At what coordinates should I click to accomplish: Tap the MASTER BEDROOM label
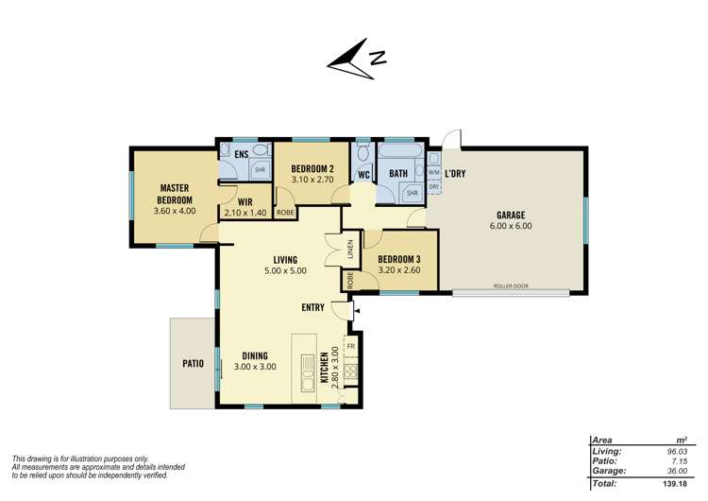tap(175, 194)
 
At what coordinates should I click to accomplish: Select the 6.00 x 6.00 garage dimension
tap(511, 226)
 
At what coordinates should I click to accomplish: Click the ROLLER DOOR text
tap(511, 286)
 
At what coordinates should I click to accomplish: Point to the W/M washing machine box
tap(434, 173)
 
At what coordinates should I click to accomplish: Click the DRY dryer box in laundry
tap(434, 186)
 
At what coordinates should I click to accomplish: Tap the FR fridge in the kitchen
tap(351, 346)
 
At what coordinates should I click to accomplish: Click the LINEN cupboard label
tap(350, 249)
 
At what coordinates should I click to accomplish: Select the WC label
tap(364, 175)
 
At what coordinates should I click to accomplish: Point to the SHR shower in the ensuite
tap(261, 170)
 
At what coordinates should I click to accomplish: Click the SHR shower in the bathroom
tap(412, 193)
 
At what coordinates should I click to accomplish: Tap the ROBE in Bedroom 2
tap(285, 213)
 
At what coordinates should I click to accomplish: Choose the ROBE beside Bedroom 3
tap(350, 280)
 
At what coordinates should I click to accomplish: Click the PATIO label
tap(194, 363)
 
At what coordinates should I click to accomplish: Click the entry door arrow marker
tap(357, 311)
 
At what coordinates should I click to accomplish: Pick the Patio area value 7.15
tap(680, 461)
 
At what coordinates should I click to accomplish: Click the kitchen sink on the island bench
tap(308, 374)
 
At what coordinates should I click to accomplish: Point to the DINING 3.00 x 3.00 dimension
tap(255, 367)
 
